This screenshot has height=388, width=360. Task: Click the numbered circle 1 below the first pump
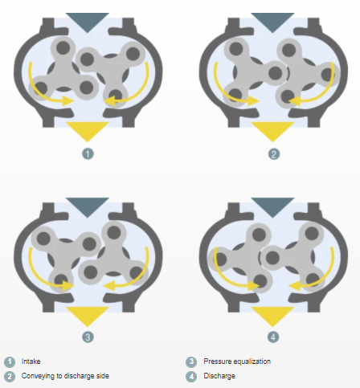[88, 154]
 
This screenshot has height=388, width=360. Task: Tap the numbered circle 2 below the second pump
[273, 154]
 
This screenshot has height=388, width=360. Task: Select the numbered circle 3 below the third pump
[88, 337]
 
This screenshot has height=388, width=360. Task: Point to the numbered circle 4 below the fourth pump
[273, 337]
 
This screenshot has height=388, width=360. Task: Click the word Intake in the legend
[31, 361]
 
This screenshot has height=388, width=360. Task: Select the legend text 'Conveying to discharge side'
[65, 376]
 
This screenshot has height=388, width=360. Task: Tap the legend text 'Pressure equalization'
[237, 361]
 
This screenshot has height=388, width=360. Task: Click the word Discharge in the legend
[219, 376]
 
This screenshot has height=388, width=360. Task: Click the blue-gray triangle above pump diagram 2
[272, 21]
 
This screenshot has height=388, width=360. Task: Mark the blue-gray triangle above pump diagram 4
[272, 206]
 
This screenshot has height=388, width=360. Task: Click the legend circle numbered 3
[191, 361]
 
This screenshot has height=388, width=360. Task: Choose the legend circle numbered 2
[10, 376]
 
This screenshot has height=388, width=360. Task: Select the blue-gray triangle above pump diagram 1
[88, 21]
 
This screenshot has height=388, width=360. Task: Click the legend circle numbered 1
[10, 361]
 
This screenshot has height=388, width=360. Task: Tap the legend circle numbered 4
[191, 376]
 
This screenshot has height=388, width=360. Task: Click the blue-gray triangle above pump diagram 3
[88, 206]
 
